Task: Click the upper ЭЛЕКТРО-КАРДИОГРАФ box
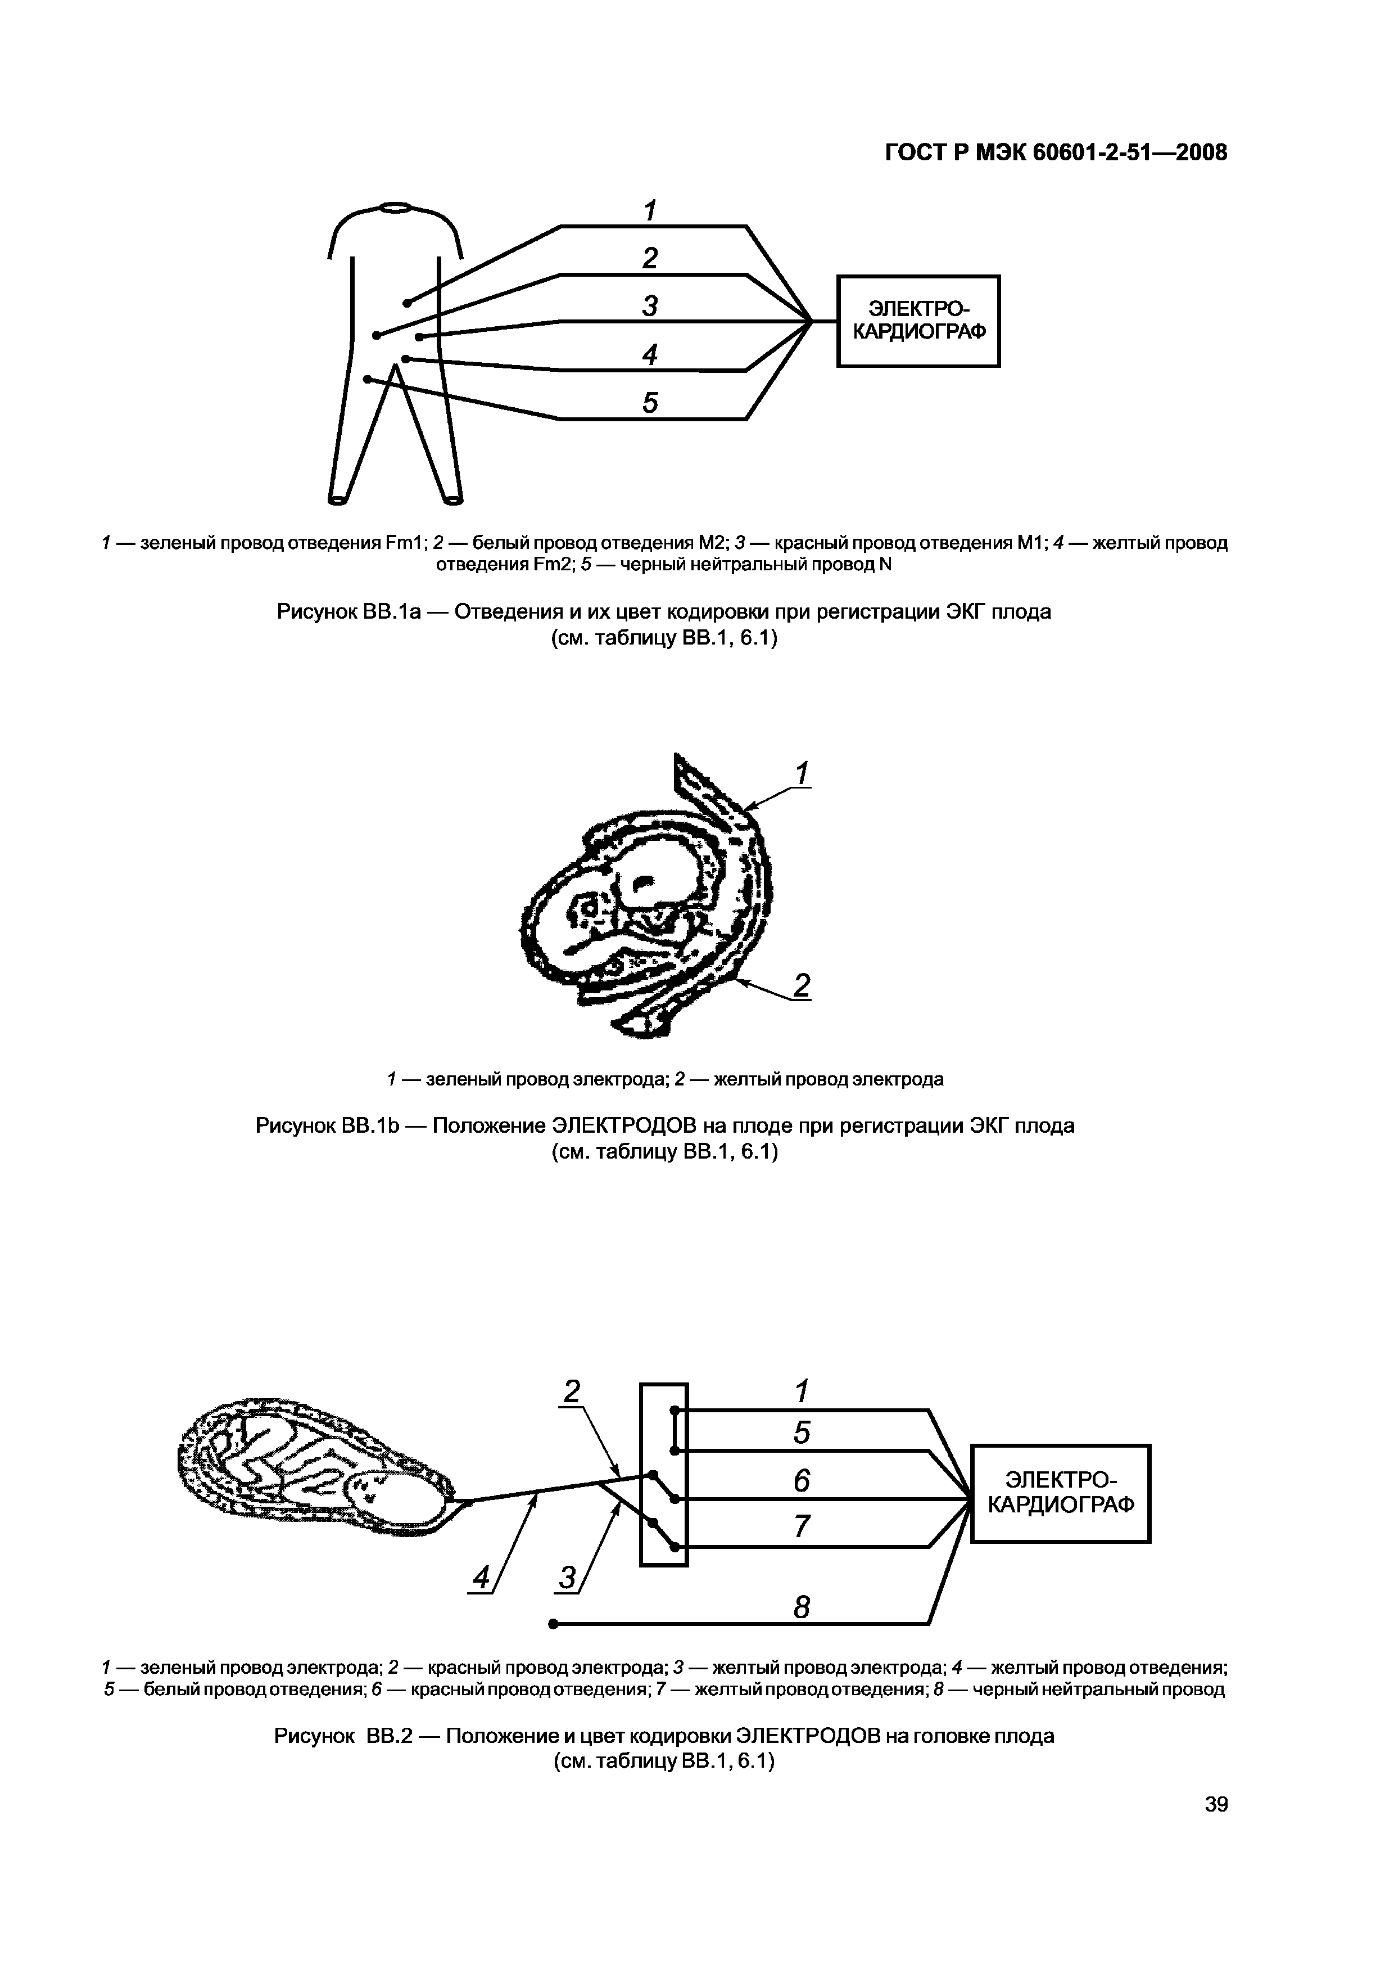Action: [918, 321]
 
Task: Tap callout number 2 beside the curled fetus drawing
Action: [802, 985]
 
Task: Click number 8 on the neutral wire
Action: [802, 1607]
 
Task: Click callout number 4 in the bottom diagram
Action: [482, 1577]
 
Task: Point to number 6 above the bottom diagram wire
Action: [802, 1481]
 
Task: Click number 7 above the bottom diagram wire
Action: [802, 1526]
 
